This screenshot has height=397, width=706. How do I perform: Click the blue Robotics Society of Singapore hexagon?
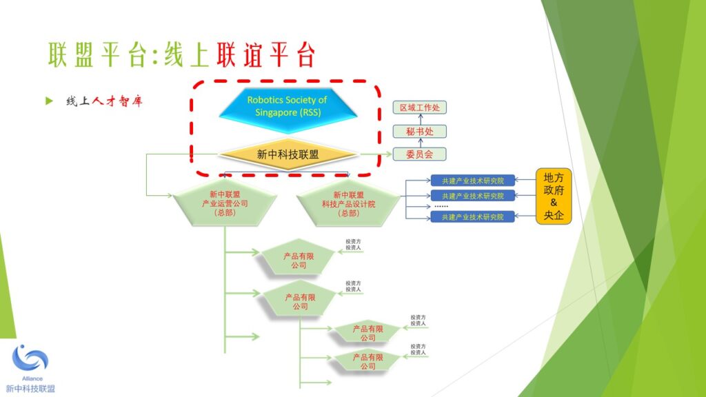[287, 106]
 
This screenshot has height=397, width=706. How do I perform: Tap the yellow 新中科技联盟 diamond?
[288, 155]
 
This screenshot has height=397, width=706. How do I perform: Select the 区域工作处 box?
[419, 108]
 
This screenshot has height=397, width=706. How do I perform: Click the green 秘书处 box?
[419, 131]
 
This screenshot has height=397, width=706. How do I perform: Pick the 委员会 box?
[419, 154]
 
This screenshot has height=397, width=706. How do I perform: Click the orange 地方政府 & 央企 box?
[554, 196]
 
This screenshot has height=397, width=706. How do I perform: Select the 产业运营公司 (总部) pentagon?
[224, 203]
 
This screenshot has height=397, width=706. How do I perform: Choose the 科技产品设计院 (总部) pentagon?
[348, 203]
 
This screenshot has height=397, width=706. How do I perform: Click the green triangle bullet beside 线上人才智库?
[49, 101]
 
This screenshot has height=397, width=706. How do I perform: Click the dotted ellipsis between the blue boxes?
[441, 206]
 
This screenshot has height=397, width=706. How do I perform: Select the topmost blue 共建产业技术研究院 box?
[467, 181]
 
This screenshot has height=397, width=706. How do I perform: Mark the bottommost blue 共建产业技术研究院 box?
[467, 217]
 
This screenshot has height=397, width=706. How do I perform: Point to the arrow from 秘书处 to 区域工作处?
[419, 119]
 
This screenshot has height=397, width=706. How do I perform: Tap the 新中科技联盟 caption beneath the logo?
[31, 388]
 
